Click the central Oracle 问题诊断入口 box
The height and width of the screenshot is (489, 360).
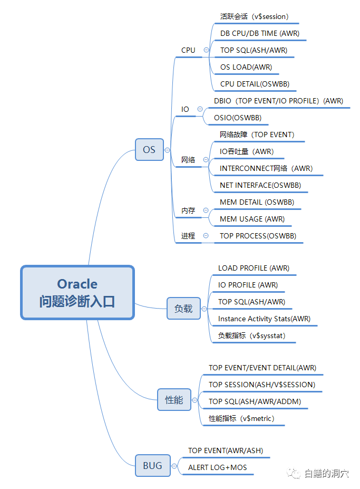(x=77, y=292)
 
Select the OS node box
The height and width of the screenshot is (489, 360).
(x=149, y=149)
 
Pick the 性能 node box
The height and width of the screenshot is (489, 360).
(x=174, y=400)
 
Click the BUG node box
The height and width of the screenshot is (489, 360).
(x=152, y=466)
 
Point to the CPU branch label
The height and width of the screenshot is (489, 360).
(x=188, y=50)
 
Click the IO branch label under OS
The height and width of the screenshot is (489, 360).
(x=185, y=109)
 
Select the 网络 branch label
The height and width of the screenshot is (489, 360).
(x=188, y=160)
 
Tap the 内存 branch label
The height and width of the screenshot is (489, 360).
(x=188, y=210)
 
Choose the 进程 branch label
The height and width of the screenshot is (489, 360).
(x=188, y=236)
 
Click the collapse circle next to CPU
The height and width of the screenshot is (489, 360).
(x=206, y=50)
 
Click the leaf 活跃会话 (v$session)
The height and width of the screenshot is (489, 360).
(x=255, y=16)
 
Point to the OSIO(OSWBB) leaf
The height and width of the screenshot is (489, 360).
(x=238, y=118)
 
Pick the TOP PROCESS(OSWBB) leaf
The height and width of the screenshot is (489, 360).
(x=258, y=236)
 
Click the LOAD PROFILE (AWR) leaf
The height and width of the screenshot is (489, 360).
(x=254, y=268)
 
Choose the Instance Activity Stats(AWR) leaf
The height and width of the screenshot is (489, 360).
(x=264, y=319)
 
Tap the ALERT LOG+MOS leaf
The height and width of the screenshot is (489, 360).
(x=217, y=467)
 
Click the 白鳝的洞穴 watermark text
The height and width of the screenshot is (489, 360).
(x=326, y=474)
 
